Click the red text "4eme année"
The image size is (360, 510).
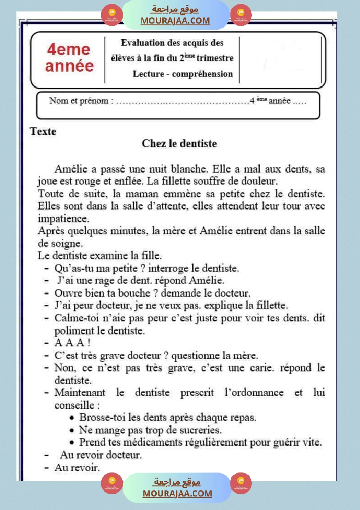(x=69, y=58)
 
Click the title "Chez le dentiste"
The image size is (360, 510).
(x=179, y=144)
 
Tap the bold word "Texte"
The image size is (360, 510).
(x=43, y=131)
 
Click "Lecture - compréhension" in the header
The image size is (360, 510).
(x=183, y=74)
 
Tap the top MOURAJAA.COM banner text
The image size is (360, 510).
(x=175, y=21)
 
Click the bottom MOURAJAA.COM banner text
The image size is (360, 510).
(x=177, y=493)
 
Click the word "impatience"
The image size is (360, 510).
(x=63, y=218)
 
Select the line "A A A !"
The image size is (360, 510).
(x=72, y=343)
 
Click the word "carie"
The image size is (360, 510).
(x=261, y=368)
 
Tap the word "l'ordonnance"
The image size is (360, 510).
(x=254, y=393)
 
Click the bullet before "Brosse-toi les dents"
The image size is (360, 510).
(x=72, y=418)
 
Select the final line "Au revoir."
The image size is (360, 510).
(x=77, y=468)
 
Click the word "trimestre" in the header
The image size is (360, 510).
(x=215, y=58)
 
